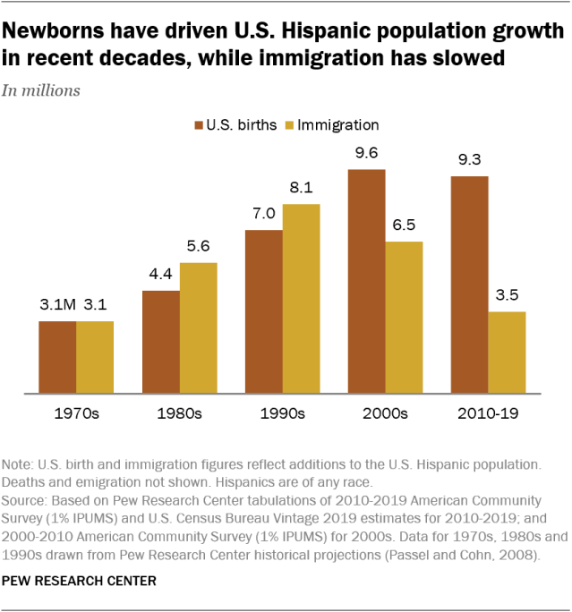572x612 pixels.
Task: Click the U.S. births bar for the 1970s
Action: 57,356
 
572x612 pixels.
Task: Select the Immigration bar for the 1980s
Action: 198,327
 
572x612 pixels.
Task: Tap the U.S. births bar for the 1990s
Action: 263,311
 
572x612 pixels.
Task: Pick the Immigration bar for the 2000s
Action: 404,317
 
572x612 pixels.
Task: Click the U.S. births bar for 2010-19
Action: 469,285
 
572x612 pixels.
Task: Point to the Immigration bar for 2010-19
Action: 508,352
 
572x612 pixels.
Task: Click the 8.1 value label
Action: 301,189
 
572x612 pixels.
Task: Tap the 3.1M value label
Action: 55,305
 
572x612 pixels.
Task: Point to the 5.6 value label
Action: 198,247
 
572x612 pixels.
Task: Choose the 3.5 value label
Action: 508,296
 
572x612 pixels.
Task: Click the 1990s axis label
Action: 282,414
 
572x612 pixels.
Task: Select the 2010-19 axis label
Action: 488,414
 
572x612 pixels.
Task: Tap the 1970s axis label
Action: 75,414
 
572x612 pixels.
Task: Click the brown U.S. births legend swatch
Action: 198,125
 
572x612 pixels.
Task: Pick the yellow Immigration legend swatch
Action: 288,125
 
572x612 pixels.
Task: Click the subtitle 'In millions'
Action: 41,89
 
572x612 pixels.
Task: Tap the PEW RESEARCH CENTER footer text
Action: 80,581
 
